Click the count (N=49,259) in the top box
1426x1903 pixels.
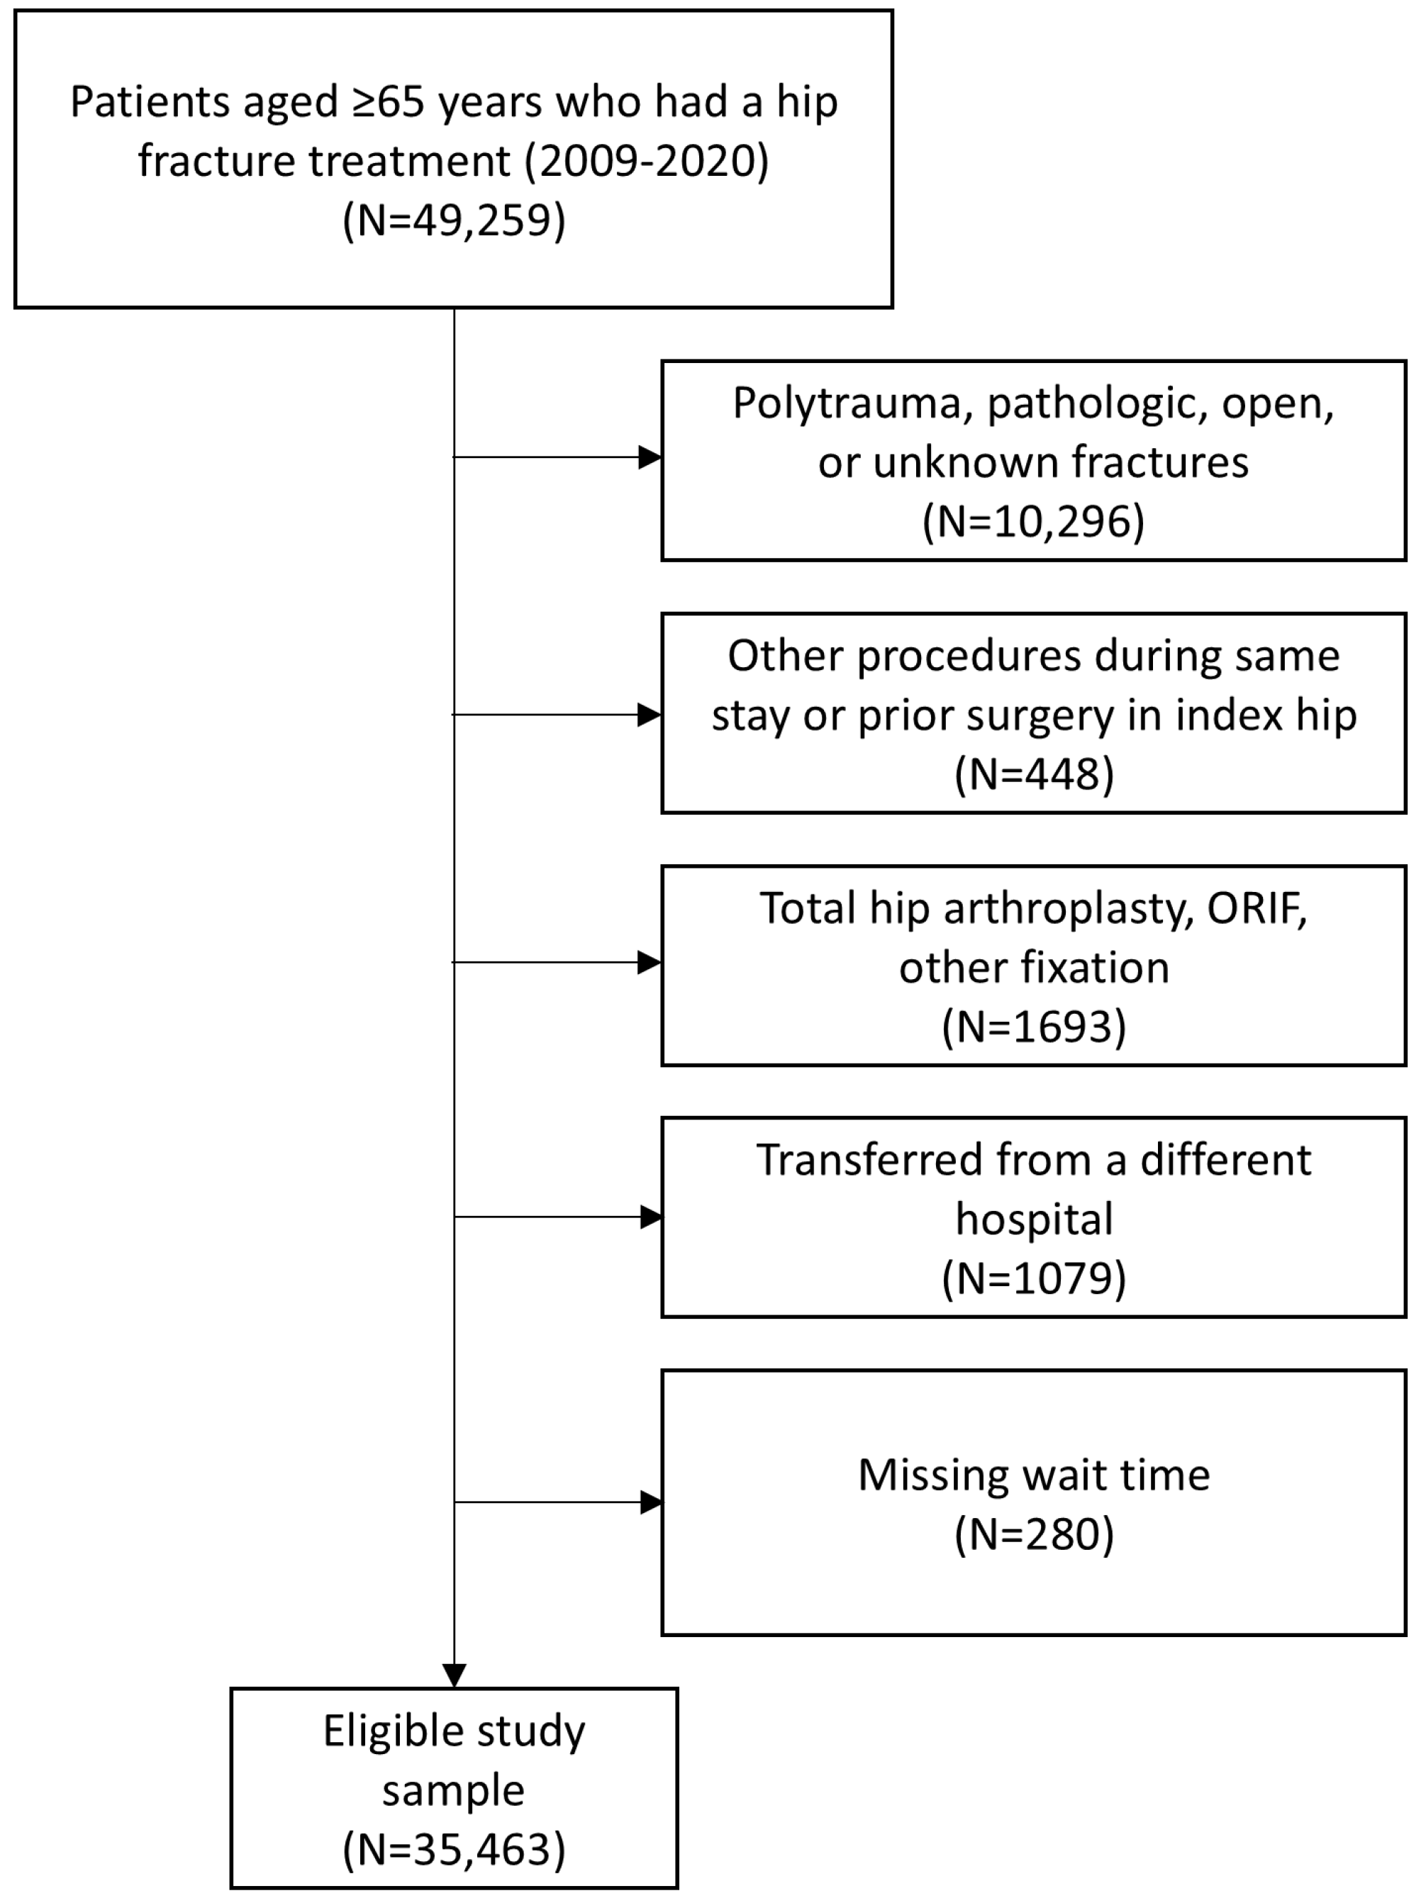pyautogui.click(x=454, y=221)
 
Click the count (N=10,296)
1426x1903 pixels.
pyautogui.click(x=1034, y=521)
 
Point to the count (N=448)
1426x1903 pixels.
pyautogui.click(x=1034, y=774)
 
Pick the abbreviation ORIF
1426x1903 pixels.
pyautogui.click(x=1257, y=908)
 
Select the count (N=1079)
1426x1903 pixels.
pyautogui.click(x=1034, y=1278)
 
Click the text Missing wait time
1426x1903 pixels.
pyautogui.click(x=1034, y=1475)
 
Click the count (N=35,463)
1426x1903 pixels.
pyautogui.click(x=454, y=1849)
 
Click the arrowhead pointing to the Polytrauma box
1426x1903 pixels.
pyautogui.click(x=650, y=457)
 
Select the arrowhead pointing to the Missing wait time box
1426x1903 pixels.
pyautogui.click(x=651, y=1502)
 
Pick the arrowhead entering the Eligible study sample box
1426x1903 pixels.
pyautogui.click(x=455, y=1675)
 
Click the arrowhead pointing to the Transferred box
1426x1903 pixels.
pyautogui.click(x=651, y=1217)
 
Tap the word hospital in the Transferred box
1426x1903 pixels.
pyautogui.click(x=1034, y=1219)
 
